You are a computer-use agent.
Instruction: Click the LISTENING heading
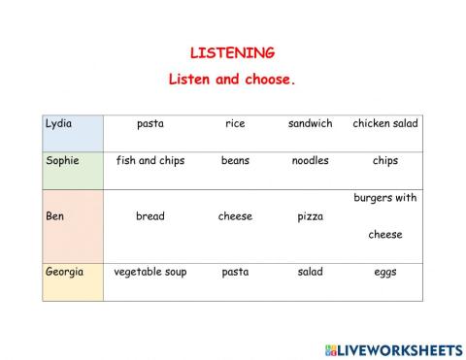232,53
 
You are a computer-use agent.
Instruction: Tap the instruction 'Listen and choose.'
232,80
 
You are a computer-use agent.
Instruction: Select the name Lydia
59,124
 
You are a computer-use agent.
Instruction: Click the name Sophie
62,161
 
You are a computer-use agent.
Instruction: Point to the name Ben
55,216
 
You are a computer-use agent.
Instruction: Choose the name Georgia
64,273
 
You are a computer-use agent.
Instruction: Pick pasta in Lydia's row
150,124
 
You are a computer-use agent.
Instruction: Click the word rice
235,124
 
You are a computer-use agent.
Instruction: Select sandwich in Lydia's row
310,124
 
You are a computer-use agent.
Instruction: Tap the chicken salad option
385,124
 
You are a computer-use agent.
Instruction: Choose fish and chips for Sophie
150,161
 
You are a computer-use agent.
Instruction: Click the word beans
235,161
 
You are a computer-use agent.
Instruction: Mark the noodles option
310,161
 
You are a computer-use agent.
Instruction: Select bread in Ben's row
150,216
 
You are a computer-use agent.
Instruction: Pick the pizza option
310,216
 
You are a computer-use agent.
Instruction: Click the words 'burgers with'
385,198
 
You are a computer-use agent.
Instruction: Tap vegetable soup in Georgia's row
150,273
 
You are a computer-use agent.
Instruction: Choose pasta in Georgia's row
235,273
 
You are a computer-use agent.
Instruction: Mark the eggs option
385,273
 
